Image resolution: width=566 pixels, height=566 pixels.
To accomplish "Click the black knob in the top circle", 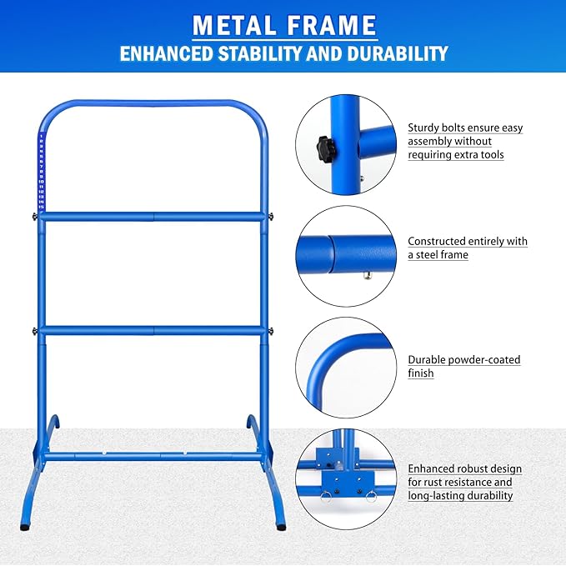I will (324, 149).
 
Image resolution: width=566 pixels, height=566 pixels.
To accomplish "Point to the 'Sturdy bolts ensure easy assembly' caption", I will (465, 141).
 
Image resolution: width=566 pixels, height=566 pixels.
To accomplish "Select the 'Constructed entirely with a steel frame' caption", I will (467, 248).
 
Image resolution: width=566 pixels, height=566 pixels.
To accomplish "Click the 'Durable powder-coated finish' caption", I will (463, 367).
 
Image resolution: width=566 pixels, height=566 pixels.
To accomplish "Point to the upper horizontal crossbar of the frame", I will (153, 217).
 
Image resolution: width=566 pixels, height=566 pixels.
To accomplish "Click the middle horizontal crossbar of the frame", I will (153, 330).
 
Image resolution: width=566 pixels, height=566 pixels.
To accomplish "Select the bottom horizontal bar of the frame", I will (153, 457).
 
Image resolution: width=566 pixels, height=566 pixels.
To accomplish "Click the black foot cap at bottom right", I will (281, 527).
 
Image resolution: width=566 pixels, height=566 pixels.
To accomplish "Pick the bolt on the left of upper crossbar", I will (33, 217).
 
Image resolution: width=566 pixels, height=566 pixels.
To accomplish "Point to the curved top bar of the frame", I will (154, 106).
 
